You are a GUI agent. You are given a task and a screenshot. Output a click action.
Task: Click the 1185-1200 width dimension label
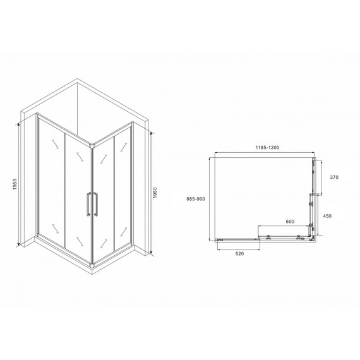pyautogui.click(x=268, y=147)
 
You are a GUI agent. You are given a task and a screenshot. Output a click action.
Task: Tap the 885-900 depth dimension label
pyautogui.click(x=196, y=199)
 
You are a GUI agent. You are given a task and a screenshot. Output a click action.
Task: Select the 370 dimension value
pyautogui.click(x=334, y=177)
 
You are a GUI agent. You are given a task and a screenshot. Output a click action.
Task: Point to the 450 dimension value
pyautogui.click(x=327, y=216)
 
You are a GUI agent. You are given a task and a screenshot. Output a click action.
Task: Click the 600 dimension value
pyautogui.click(x=290, y=222)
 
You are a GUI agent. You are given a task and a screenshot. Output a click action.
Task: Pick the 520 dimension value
pyautogui.click(x=239, y=253)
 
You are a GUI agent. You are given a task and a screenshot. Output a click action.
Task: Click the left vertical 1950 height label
pyautogui.click(x=15, y=184)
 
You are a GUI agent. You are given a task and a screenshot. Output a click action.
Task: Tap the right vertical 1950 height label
pyautogui.click(x=155, y=193)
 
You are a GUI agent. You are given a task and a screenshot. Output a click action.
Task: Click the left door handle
pyautogui.click(x=88, y=205)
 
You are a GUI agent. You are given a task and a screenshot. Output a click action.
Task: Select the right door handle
pyautogui.click(x=95, y=205)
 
